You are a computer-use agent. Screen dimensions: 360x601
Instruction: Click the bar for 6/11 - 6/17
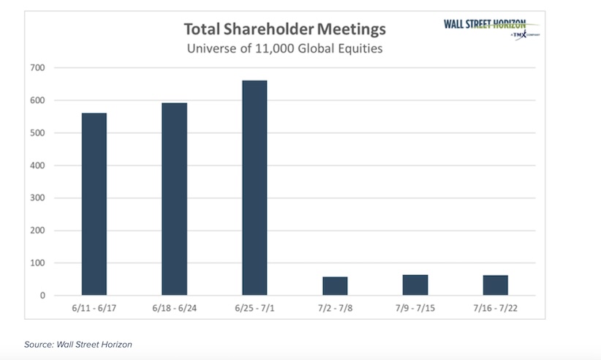point(94,204)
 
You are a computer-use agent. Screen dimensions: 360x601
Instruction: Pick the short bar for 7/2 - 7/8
point(335,286)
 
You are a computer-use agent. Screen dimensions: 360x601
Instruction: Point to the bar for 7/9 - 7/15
point(415,285)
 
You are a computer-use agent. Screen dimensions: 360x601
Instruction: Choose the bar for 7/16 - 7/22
point(496,285)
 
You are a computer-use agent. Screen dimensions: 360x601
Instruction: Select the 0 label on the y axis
point(42,296)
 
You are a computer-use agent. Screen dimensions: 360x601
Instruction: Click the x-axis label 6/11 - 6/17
point(94,308)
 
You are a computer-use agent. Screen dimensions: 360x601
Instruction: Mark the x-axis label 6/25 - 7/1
point(254,308)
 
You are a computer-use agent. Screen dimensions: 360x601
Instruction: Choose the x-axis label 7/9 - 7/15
point(415,308)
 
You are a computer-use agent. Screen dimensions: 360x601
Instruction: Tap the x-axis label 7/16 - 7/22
point(496,308)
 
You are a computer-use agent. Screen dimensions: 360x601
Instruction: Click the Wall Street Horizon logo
point(485,27)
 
